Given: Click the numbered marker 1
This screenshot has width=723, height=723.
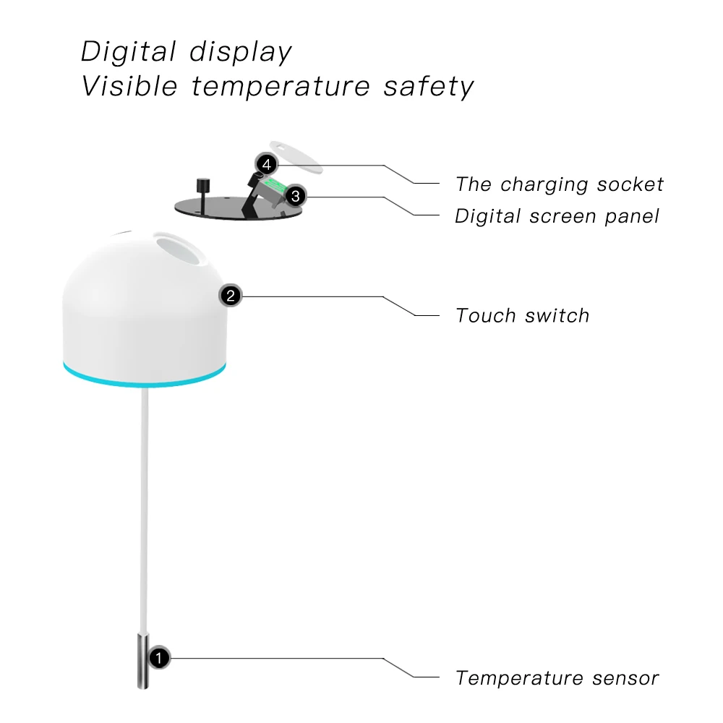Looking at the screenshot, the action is click(x=159, y=658).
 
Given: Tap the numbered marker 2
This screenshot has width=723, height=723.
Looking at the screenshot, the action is click(x=231, y=295).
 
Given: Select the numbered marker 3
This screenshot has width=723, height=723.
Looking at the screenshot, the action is click(x=295, y=196).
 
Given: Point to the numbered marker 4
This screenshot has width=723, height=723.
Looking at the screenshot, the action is click(x=267, y=165).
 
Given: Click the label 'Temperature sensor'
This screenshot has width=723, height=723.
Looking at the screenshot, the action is click(x=557, y=678).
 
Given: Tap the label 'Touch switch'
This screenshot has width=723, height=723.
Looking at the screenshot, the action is click(x=522, y=315).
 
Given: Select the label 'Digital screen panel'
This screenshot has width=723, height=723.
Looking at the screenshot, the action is click(x=557, y=216).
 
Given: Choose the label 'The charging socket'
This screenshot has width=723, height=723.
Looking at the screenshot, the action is click(x=559, y=184).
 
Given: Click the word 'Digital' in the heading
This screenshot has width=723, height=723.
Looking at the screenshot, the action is click(x=127, y=52).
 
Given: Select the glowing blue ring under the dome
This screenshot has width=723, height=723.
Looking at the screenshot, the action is click(x=144, y=380).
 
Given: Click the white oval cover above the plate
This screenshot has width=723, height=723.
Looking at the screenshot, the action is click(x=296, y=155).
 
